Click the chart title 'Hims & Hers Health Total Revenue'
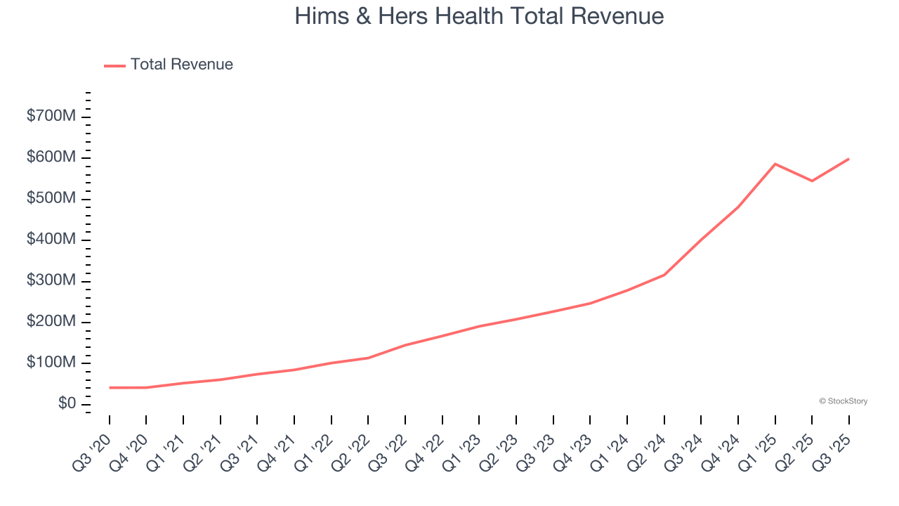pyautogui.click(x=479, y=16)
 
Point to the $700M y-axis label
pyautogui.click(x=51, y=116)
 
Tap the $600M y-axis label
pyautogui.click(x=51, y=157)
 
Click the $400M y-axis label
pyautogui.click(x=51, y=240)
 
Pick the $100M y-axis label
pyautogui.click(x=51, y=363)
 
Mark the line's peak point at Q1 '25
pyautogui.click(x=775, y=164)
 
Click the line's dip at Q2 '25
pyautogui.click(x=812, y=181)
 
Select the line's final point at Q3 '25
pyautogui.click(x=848, y=159)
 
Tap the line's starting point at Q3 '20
pyautogui.click(x=110, y=387)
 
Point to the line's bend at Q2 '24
pyautogui.click(x=664, y=275)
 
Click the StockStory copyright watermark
pyautogui.click(x=843, y=401)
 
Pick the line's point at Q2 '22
pyautogui.click(x=368, y=358)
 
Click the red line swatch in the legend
pyautogui.click(x=114, y=65)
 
